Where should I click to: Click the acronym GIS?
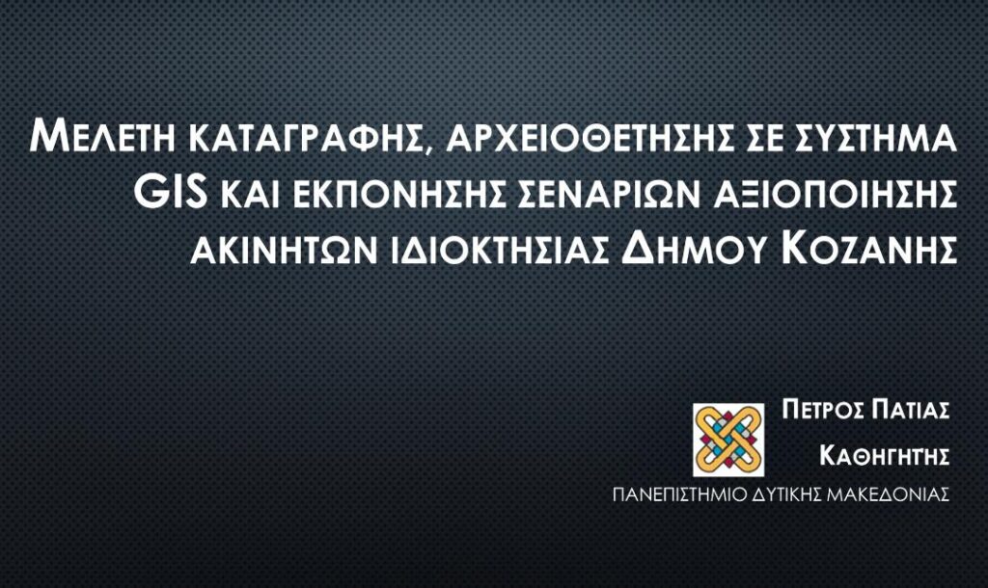coord(174,194)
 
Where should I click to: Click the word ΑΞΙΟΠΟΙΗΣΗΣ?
coord(834,195)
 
